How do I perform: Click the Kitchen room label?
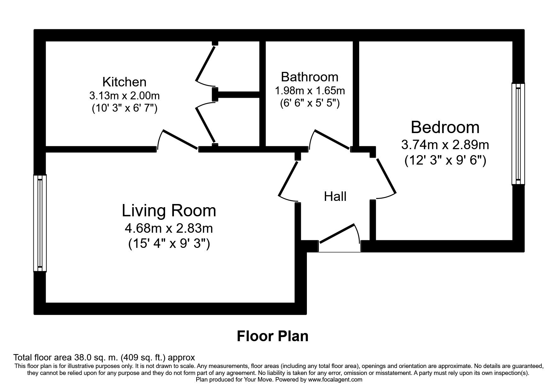coord(124,82)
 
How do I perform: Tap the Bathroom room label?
coord(309,77)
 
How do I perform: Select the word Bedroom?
coord(445,127)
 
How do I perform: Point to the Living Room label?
coord(169,211)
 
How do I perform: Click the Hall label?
coord(335,196)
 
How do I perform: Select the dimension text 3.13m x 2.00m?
coord(124,95)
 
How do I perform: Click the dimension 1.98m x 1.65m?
coord(310,91)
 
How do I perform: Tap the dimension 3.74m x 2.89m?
coord(445,145)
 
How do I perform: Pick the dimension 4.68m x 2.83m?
coord(169,228)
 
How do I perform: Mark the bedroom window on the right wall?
coord(518,134)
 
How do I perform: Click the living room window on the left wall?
coord(40,223)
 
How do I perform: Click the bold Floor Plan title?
coord(273,336)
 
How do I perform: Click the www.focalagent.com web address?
coord(335,380)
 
